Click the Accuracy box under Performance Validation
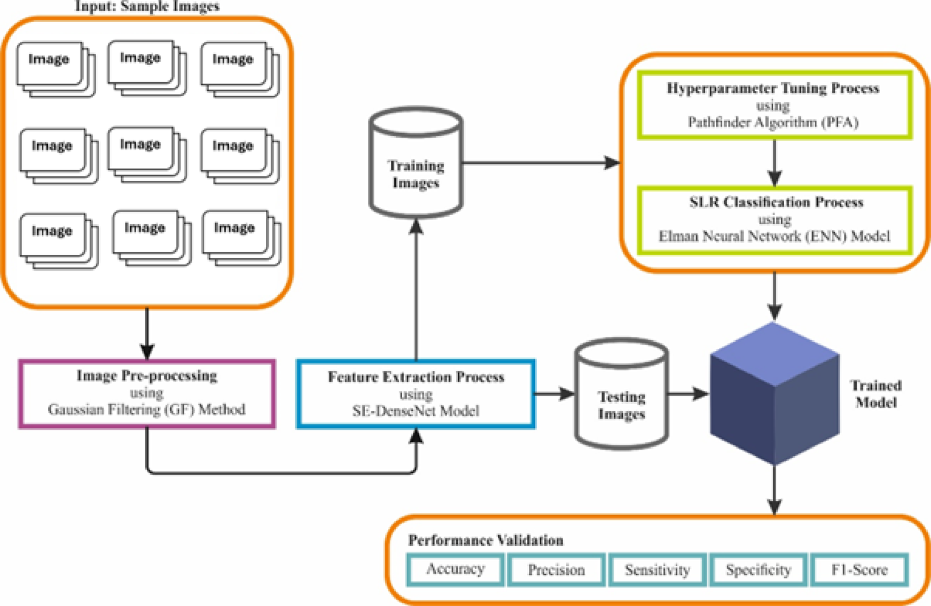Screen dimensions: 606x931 (x=455, y=569)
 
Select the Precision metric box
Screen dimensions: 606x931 (x=556, y=570)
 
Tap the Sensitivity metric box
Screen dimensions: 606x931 (x=657, y=570)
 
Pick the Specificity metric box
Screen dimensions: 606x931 (x=758, y=570)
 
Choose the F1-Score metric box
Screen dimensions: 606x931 (x=859, y=570)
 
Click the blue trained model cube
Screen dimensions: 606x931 (x=774, y=394)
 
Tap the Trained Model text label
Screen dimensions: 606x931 (x=876, y=394)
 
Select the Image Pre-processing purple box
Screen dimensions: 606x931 (x=147, y=393)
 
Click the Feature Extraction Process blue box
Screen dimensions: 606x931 (x=416, y=394)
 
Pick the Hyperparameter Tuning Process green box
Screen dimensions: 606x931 (x=774, y=105)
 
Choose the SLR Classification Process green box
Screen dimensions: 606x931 (x=774, y=219)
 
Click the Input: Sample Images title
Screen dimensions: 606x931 (x=147, y=7)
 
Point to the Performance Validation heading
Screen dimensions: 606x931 (x=485, y=540)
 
